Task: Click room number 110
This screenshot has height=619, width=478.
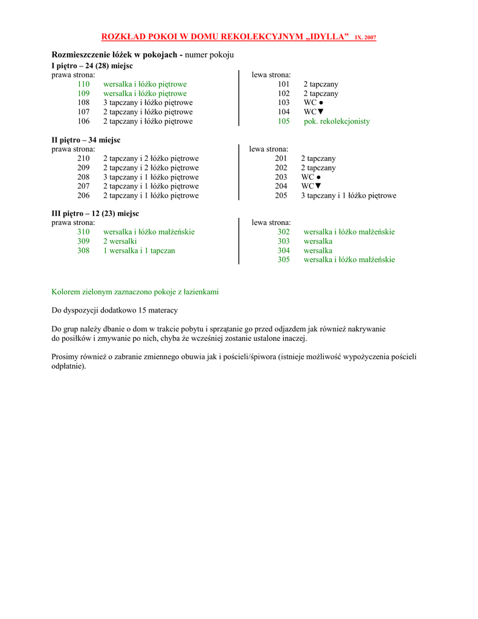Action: tap(83, 84)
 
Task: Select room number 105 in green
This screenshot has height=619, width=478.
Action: tap(284, 121)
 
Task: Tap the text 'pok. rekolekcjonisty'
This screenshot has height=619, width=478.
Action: tap(337, 121)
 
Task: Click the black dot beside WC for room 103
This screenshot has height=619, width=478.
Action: tap(321, 103)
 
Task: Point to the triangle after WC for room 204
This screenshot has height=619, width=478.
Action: tap(318, 186)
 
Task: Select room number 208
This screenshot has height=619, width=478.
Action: tap(83, 177)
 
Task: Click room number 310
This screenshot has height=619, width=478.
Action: tap(83, 232)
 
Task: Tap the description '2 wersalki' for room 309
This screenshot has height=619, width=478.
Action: tap(120, 241)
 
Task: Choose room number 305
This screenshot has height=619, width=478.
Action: tap(284, 259)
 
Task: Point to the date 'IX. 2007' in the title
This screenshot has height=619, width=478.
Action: tap(366, 38)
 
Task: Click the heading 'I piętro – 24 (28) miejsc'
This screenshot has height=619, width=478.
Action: tap(92, 65)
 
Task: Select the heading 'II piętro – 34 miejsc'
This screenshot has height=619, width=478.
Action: tap(86, 140)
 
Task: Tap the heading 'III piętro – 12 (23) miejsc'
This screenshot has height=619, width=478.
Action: tap(95, 213)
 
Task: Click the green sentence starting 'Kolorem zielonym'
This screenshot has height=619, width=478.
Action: tap(135, 291)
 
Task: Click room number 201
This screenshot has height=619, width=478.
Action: tap(281, 158)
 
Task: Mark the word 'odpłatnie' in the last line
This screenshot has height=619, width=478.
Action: tap(68, 366)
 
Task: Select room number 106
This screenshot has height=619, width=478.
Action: tap(83, 121)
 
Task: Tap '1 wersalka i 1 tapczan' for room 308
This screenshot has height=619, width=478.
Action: tap(139, 250)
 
